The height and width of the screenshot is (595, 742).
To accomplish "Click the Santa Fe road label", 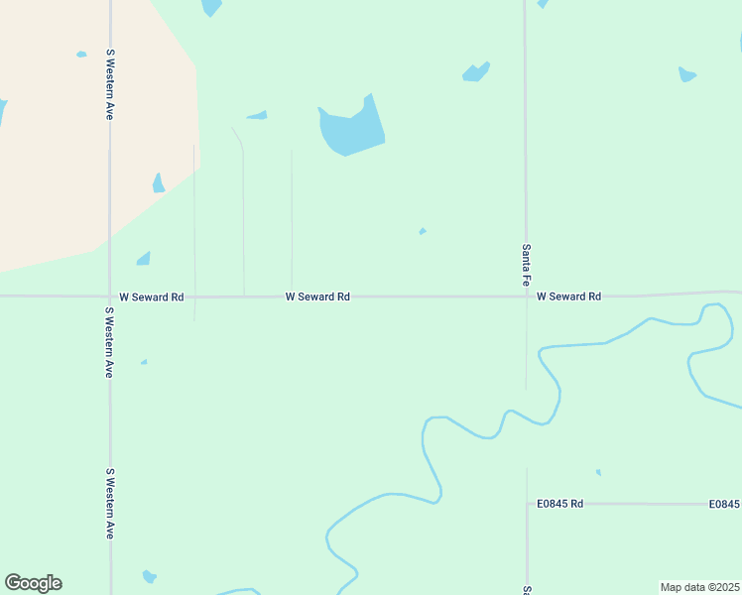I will point(525,265).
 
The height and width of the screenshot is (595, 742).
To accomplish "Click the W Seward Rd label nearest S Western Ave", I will point(152,297).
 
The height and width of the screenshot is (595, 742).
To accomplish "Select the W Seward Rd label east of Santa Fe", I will point(568,297).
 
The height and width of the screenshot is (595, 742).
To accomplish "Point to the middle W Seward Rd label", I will point(317,297).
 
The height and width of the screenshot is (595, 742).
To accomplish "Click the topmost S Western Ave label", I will point(110,84).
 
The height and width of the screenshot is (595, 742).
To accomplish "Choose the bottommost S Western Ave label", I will point(110,504).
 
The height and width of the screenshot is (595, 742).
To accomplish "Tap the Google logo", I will point(33,583).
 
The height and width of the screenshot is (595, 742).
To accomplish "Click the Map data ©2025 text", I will point(699,587).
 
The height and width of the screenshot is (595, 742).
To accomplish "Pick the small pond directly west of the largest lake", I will point(257,116).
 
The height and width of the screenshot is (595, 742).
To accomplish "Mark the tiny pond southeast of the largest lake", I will point(423,231).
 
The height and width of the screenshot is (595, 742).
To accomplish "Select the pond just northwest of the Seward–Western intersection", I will point(144,259).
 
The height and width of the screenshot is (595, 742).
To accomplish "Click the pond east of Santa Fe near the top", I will point(686,74).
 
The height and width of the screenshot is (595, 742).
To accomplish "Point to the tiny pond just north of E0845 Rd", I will point(598,472).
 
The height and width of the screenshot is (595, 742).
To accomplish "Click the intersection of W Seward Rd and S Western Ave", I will point(110,297).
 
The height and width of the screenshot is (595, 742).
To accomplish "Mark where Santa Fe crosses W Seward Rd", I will point(526,297).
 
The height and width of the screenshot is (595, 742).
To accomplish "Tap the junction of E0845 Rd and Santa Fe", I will point(527,504).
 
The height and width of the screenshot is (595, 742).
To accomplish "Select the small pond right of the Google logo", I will point(149,576).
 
